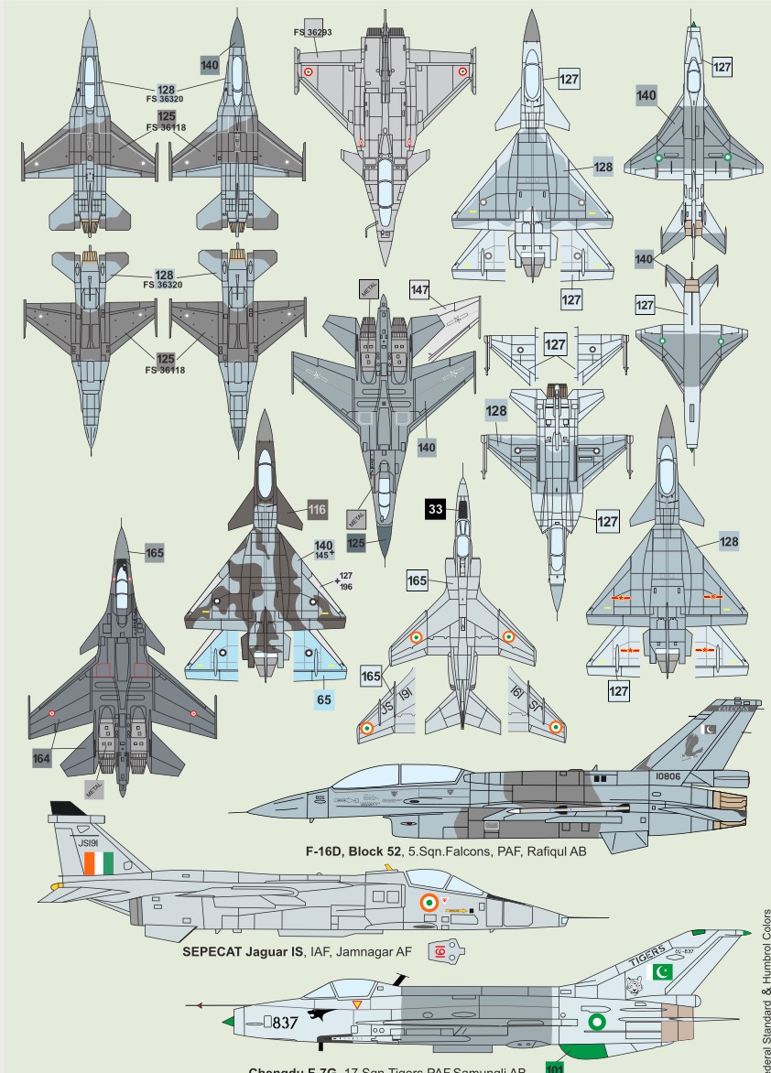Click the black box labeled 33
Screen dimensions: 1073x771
(436, 509)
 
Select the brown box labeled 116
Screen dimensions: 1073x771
(317, 510)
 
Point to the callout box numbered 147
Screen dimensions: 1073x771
(419, 290)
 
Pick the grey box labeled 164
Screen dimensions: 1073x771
(42, 758)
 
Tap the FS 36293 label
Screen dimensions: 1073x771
(312, 32)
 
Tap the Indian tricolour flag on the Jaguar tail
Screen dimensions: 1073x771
(97, 862)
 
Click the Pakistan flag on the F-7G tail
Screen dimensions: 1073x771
(661, 971)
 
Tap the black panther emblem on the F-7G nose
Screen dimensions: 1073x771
(321, 1014)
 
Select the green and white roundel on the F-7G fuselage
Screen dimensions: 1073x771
(597, 1022)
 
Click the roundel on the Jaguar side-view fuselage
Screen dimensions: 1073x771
(428, 903)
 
